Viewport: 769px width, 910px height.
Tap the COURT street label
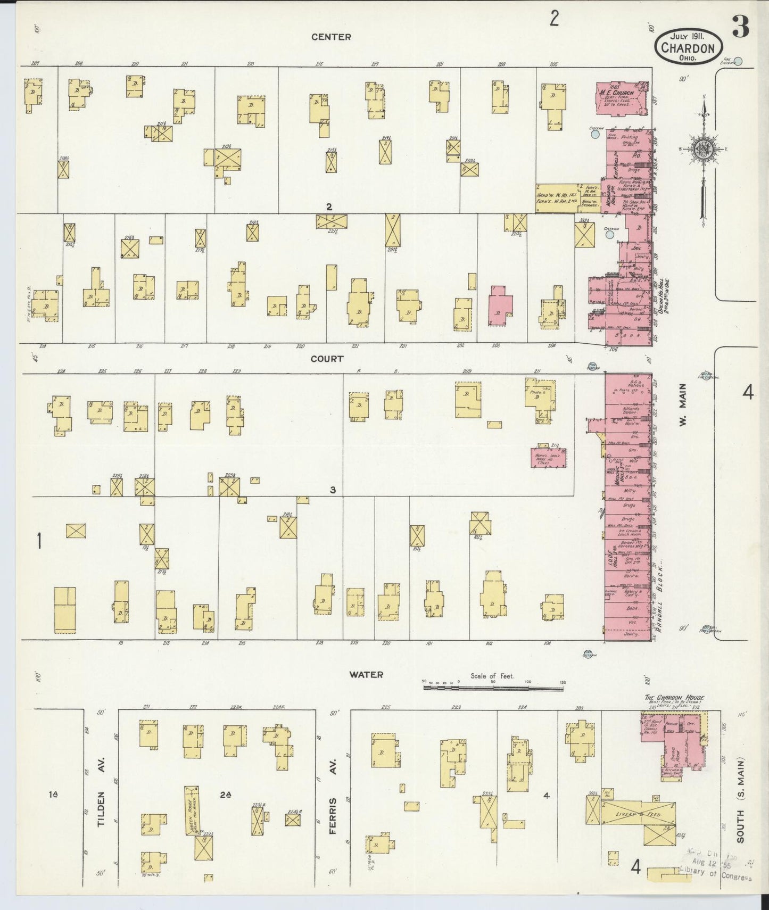coord(327,359)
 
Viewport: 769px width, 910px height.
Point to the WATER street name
coord(366,674)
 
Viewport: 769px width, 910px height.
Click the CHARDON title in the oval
coord(688,47)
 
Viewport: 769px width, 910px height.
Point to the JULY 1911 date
coord(688,36)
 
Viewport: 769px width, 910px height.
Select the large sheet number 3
coord(740,27)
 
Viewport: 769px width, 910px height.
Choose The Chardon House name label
coord(674,698)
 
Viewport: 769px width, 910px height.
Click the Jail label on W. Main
coord(635,248)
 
